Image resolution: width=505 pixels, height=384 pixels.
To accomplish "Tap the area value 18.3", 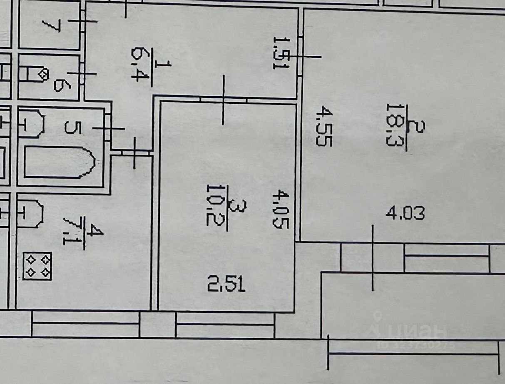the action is [393, 125].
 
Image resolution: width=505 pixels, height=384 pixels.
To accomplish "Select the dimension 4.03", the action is [405, 214].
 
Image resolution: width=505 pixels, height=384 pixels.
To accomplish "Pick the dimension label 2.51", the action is [226, 286].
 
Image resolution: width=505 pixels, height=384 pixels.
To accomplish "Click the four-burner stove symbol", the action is [37, 266].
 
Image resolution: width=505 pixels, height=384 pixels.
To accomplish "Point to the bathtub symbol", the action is [59, 162].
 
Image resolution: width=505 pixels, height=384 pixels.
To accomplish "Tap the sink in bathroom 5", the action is [32, 123].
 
